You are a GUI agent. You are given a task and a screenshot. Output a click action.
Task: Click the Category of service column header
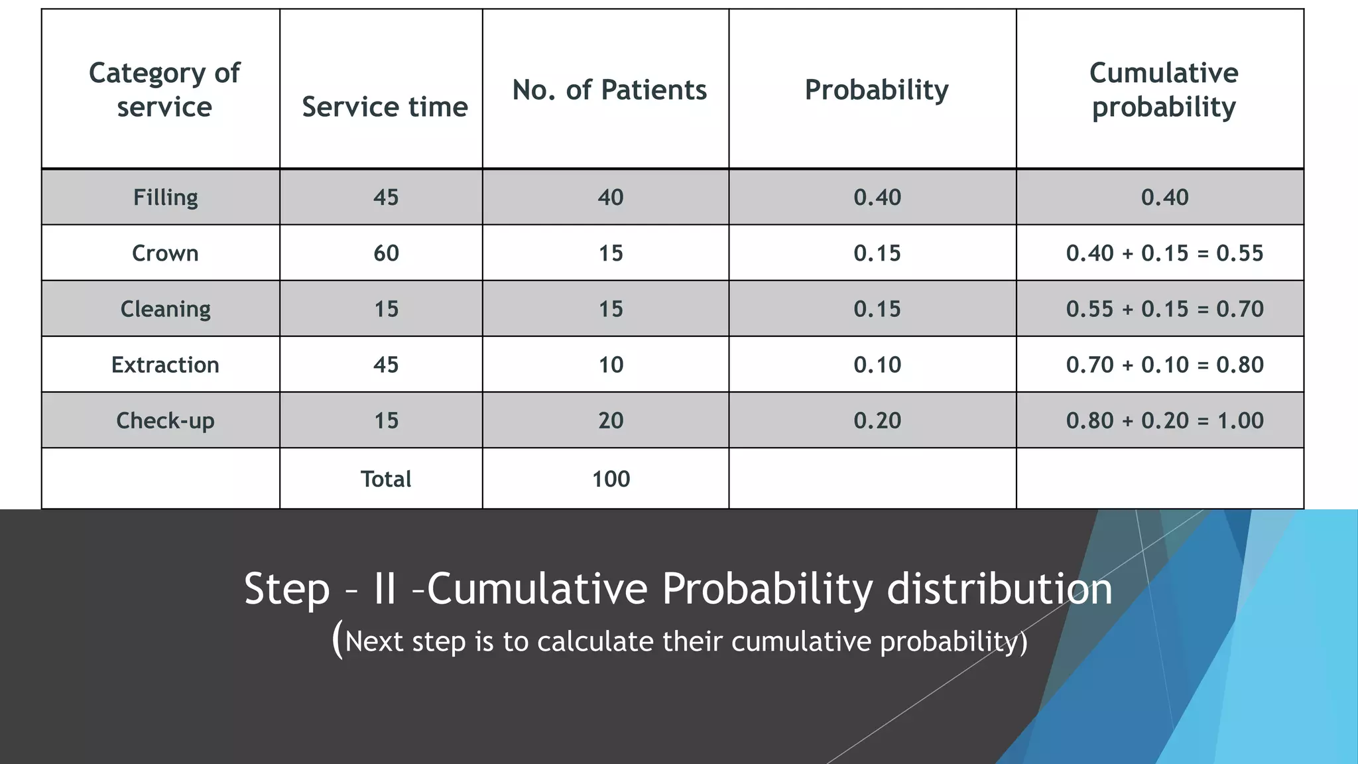(x=164, y=90)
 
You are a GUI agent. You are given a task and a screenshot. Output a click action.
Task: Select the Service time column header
(x=385, y=107)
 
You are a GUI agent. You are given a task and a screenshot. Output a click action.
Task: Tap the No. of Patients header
(x=609, y=90)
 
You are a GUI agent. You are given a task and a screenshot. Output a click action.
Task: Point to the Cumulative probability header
(x=1164, y=90)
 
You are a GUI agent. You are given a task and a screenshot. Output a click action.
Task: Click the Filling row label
(x=165, y=197)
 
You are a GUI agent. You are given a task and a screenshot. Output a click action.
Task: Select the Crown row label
(x=165, y=253)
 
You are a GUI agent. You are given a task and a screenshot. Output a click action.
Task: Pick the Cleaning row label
(x=165, y=309)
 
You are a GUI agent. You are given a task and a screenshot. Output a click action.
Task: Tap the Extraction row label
(x=165, y=365)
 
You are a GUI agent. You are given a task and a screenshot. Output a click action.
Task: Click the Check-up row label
(x=165, y=420)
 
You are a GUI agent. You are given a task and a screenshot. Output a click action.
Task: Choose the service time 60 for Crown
(x=386, y=253)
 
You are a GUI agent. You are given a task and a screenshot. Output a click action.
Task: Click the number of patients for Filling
(x=610, y=197)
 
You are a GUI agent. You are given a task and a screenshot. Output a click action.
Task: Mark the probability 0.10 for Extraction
(x=877, y=365)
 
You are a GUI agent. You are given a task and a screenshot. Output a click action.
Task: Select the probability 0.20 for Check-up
(x=877, y=420)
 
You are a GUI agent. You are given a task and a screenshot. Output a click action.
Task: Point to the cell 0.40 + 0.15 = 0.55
(x=1164, y=253)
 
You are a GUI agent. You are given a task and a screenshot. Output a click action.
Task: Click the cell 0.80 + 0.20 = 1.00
(x=1164, y=420)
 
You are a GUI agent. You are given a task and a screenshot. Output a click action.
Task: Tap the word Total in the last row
(x=386, y=479)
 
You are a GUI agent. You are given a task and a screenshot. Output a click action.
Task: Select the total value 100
(x=610, y=479)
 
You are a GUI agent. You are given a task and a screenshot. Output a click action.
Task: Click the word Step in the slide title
(x=286, y=589)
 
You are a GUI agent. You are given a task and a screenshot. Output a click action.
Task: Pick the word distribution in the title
(x=999, y=589)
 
